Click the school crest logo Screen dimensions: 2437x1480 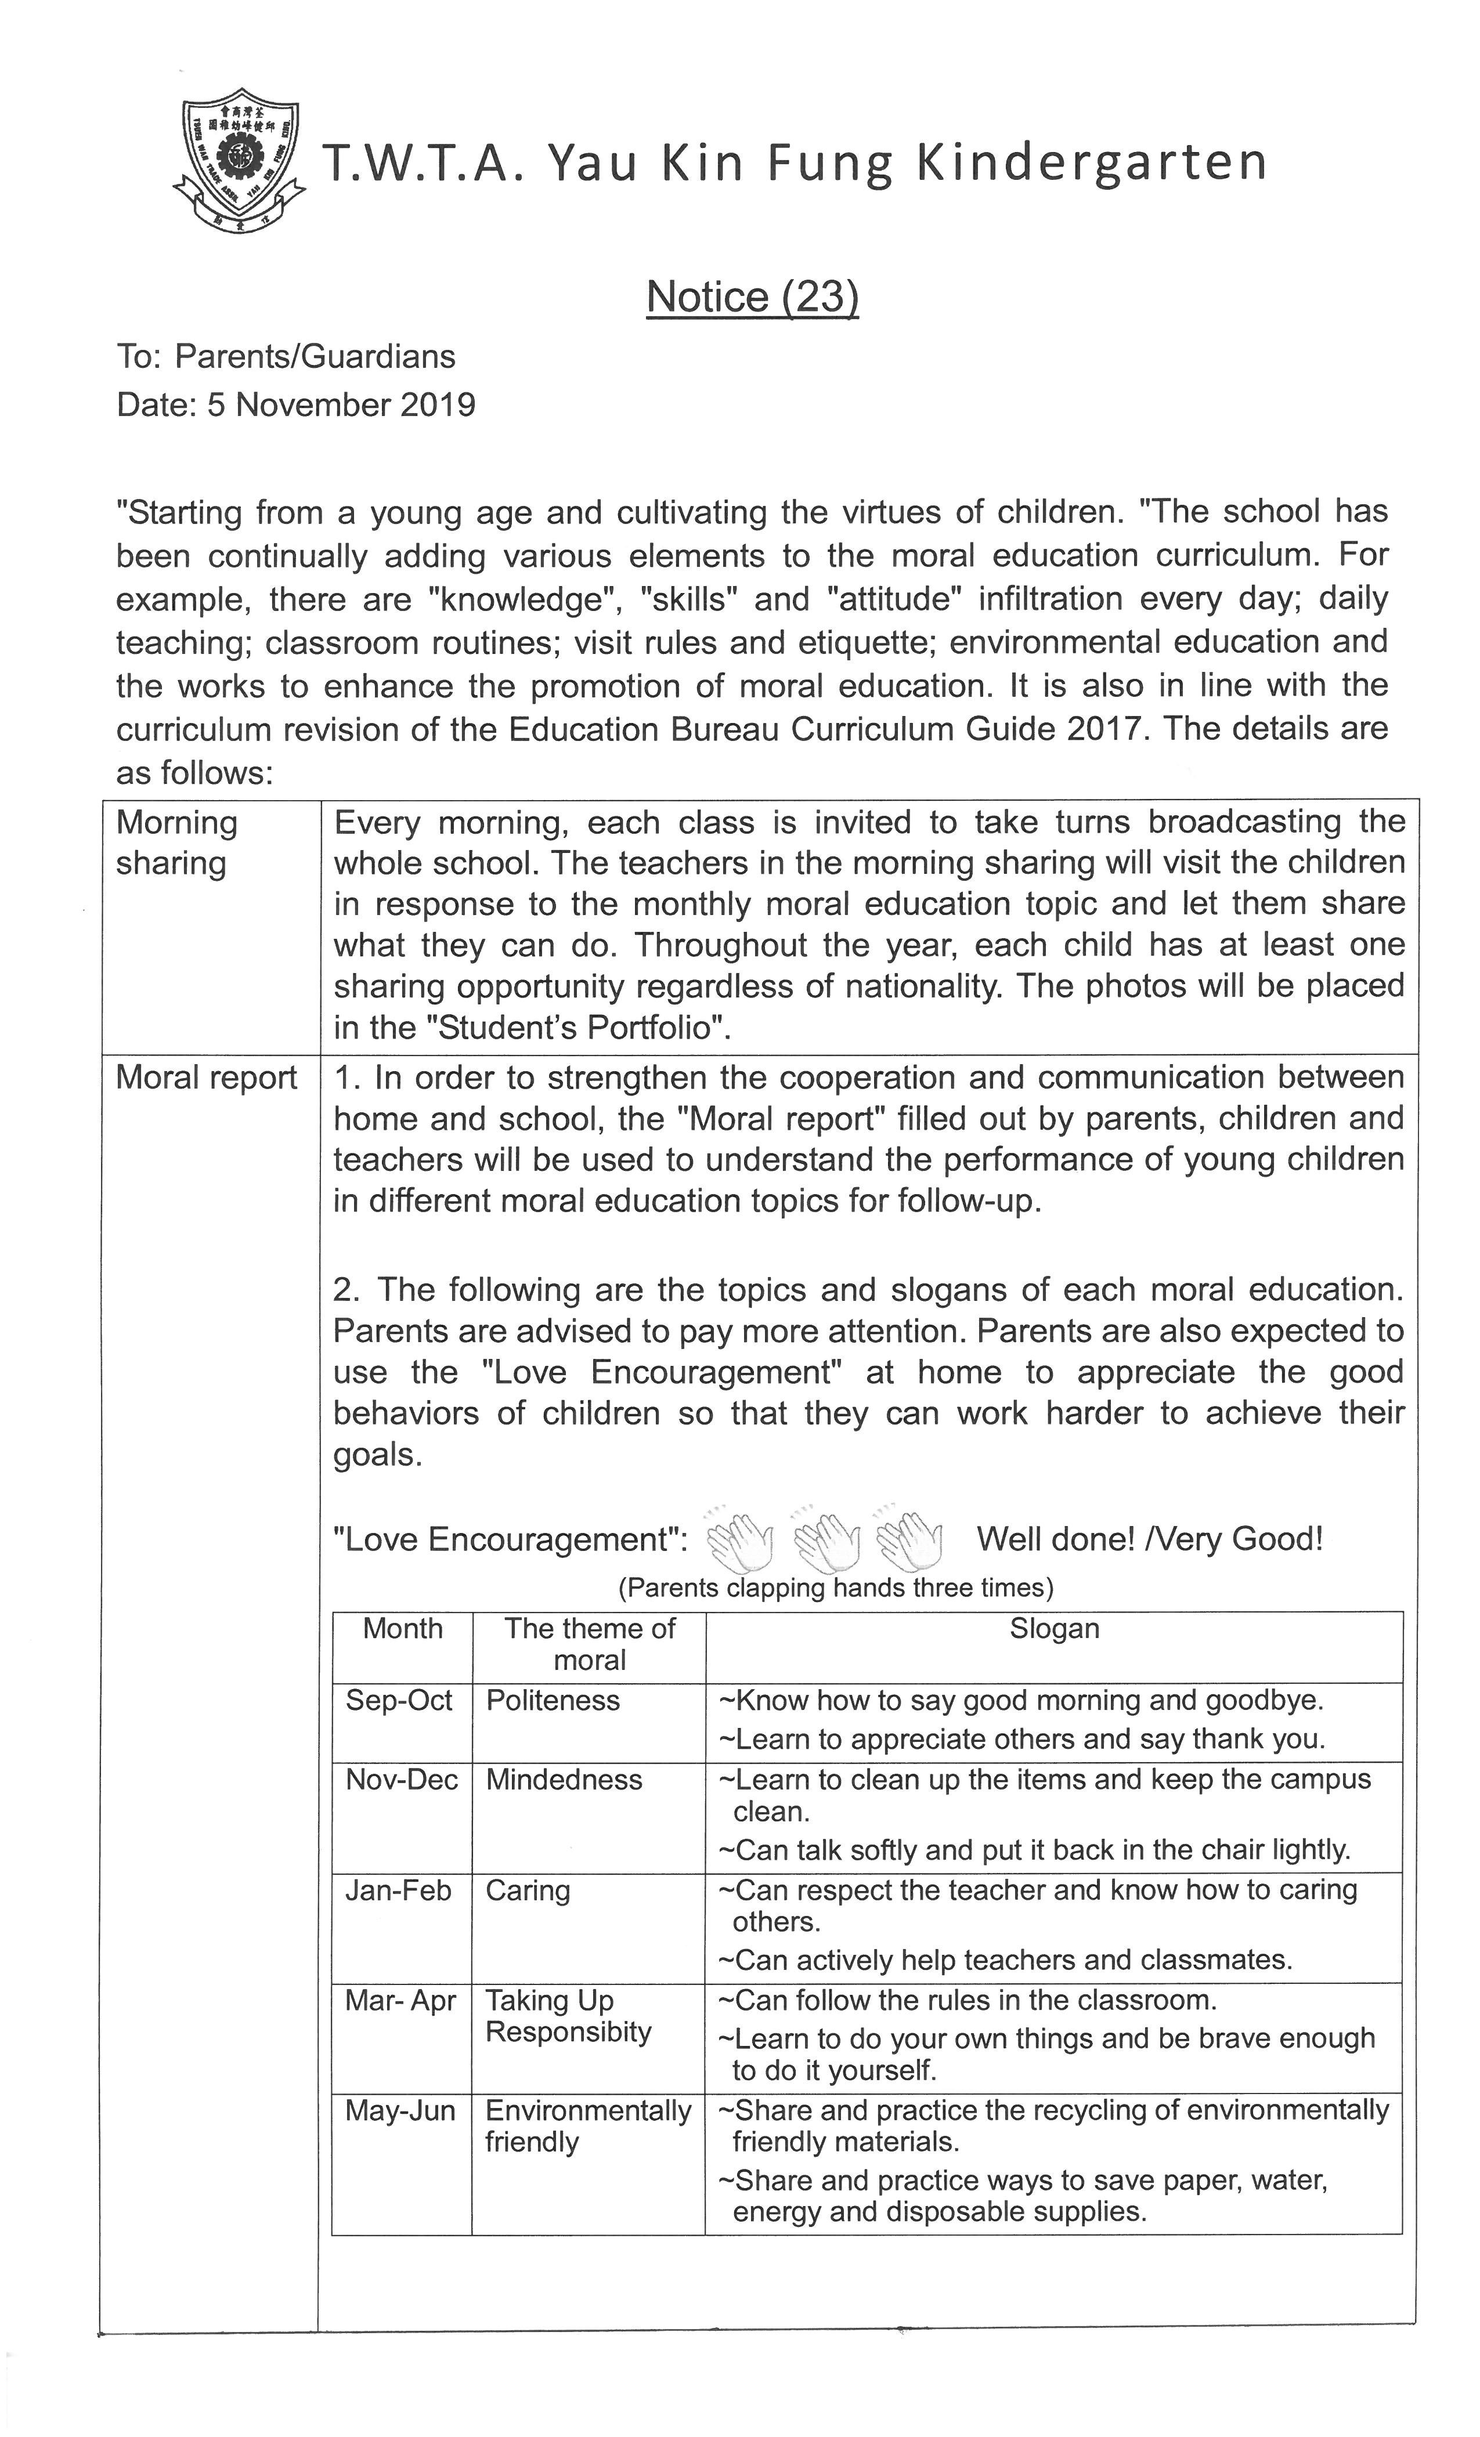tap(237, 162)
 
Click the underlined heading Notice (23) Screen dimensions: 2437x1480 tap(752, 297)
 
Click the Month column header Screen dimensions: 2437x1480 tap(403, 1628)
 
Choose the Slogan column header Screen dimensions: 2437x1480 tap(1053, 1628)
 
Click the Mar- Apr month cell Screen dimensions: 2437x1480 tap(400, 2000)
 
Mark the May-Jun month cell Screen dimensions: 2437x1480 tap(400, 2111)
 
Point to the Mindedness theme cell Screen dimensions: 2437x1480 tap(564, 1779)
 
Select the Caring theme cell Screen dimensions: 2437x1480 tap(528, 1890)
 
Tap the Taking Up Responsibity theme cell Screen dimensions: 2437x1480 tap(568, 2016)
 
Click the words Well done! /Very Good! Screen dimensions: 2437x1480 tap(1149, 1539)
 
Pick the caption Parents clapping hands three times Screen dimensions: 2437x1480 tap(836, 1588)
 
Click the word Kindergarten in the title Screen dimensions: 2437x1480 tap(1091, 163)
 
